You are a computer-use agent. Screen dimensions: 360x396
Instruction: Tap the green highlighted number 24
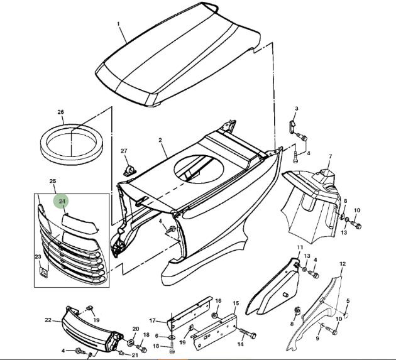pyautogui.click(x=62, y=202)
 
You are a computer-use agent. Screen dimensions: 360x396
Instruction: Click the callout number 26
pyautogui.click(x=61, y=112)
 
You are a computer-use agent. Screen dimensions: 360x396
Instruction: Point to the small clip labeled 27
pyautogui.click(x=129, y=170)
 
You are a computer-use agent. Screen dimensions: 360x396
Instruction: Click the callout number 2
pyautogui.click(x=160, y=139)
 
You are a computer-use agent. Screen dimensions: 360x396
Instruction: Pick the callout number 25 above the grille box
pyautogui.click(x=53, y=182)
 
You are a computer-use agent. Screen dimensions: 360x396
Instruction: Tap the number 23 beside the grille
pyautogui.click(x=38, y=256)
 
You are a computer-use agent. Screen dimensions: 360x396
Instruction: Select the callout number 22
pyautogui.click(x=48, y=320)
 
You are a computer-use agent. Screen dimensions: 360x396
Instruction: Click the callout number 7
pyautogui.click(x=331, y=156)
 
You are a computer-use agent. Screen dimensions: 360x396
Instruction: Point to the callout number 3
pyautogui.click(x=297, y=109)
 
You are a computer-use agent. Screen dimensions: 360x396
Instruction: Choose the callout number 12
pyautogui.click(x=343, y=264)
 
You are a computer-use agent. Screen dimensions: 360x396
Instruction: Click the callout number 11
pyautogui.click(x=300, y=249)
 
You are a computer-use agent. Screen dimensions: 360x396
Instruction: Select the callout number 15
pyautogui.click(x=236, y=303)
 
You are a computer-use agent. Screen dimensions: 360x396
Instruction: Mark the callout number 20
pyautogui.click(x=136, y=329)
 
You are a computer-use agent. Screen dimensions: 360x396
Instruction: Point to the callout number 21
pyautogui.click(x=135, y=355)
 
